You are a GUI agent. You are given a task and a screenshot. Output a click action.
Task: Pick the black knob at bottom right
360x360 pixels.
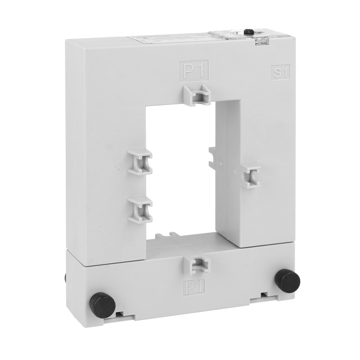tap(288, 280)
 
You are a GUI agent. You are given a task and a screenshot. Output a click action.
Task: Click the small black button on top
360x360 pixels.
tap(248, 32)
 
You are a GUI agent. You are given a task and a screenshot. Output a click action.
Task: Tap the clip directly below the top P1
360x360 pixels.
tap(197, 94)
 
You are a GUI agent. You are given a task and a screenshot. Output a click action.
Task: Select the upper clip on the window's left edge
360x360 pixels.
tap(140, 162)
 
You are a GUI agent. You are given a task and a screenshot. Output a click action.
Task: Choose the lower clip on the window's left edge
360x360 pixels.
tap(140, 210)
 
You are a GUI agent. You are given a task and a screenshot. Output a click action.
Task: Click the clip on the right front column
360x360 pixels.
tap(251, 175)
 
